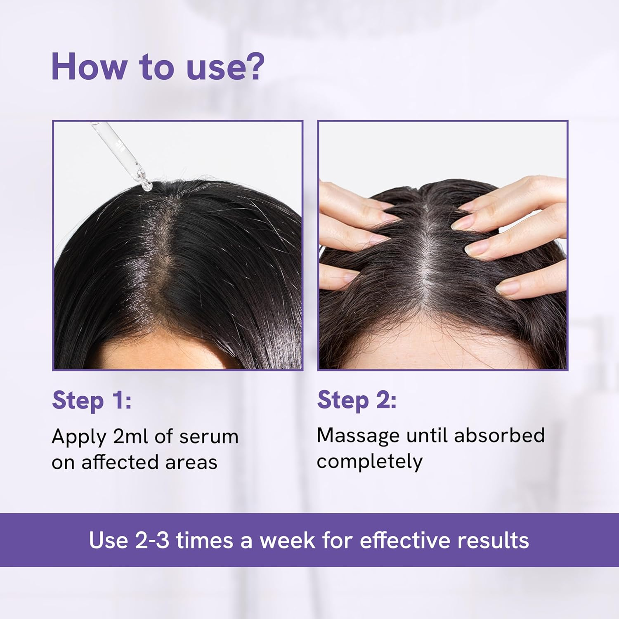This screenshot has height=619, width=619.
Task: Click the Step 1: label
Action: click(x=92, y=400)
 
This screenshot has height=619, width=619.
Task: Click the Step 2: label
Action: click(x=357, y=400)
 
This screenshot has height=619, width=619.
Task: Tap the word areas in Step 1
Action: click(x=191, y=462)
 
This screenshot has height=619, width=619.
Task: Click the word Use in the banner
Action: click(x=108, y=540)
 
